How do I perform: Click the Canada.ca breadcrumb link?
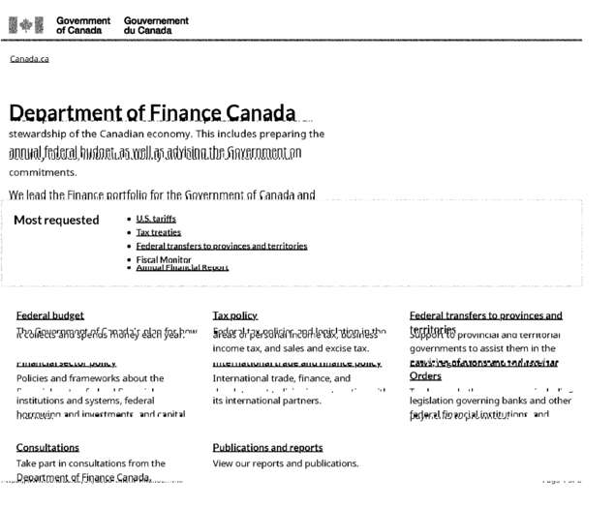click(29, 60)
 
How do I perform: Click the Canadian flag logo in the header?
click(26, 25)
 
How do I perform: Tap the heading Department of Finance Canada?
click(153, 113)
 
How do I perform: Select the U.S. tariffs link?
click(156, 219)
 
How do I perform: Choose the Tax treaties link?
click(158, 232)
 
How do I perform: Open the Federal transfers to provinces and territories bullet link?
click(222, 246)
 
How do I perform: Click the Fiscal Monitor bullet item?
click(164, 258)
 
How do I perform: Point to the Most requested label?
click(56, 220)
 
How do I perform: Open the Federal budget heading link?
click(49, 315)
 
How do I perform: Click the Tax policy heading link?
click(235, 315)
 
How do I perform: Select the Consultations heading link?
click(47, 447)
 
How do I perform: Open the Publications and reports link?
click(267, 447)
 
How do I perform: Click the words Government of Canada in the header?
click(83, 25)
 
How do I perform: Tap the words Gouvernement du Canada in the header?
click(156, 25)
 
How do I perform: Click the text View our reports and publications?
click(285, 463)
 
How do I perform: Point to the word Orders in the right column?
click(425, 375)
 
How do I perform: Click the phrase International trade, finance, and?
click(281, 378)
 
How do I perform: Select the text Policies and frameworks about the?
click(90, 378)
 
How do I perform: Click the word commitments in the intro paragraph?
click(43, 172)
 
